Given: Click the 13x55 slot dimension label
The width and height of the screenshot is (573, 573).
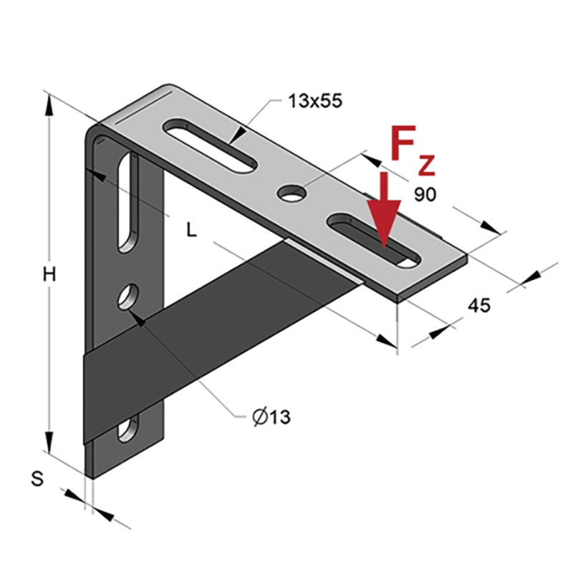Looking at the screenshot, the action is (315, 101).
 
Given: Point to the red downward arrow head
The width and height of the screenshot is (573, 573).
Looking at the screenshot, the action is (384, 222).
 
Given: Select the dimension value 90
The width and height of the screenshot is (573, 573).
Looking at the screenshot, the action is (425, 195).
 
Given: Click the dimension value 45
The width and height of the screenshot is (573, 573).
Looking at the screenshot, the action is (479, 305).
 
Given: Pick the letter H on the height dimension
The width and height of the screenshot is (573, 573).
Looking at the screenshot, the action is (49, 274).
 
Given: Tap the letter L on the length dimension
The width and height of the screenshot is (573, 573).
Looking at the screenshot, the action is (191, 230).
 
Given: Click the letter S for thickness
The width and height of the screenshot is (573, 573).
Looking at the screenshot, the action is (37, 478).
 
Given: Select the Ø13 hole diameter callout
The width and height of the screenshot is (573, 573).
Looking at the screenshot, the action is (271, 417).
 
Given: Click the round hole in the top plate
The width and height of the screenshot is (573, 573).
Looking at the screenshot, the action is (292, 193).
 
